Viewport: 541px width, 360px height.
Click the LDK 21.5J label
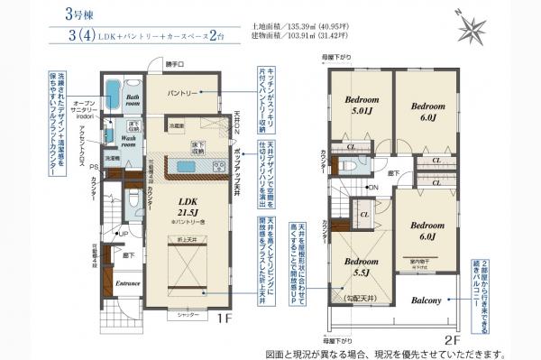coord(188,208)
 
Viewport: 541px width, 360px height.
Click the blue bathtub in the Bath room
coord(114,93)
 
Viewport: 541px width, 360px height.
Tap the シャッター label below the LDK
coord(188,315)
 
